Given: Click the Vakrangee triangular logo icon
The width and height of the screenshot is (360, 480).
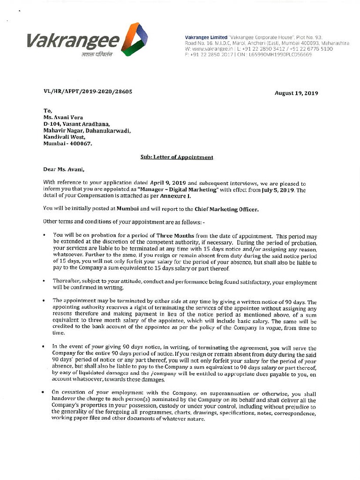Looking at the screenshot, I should pyautogui.click(x=134, y=39).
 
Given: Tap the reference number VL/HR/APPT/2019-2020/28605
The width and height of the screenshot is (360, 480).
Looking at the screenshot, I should pyautogui.click(x=88, y=92).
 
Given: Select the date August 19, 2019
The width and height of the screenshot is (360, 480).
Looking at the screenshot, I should pyautogui.click(x=296, y=93).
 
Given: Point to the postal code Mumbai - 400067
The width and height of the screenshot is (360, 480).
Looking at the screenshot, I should pyautogui.click(x=67, y=143).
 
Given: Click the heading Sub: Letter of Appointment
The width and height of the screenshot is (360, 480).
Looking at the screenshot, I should pyautogui.click(x=177, y=157).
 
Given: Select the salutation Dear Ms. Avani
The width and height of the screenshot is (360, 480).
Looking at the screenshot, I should pyautogui.click(x=65, y=170).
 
